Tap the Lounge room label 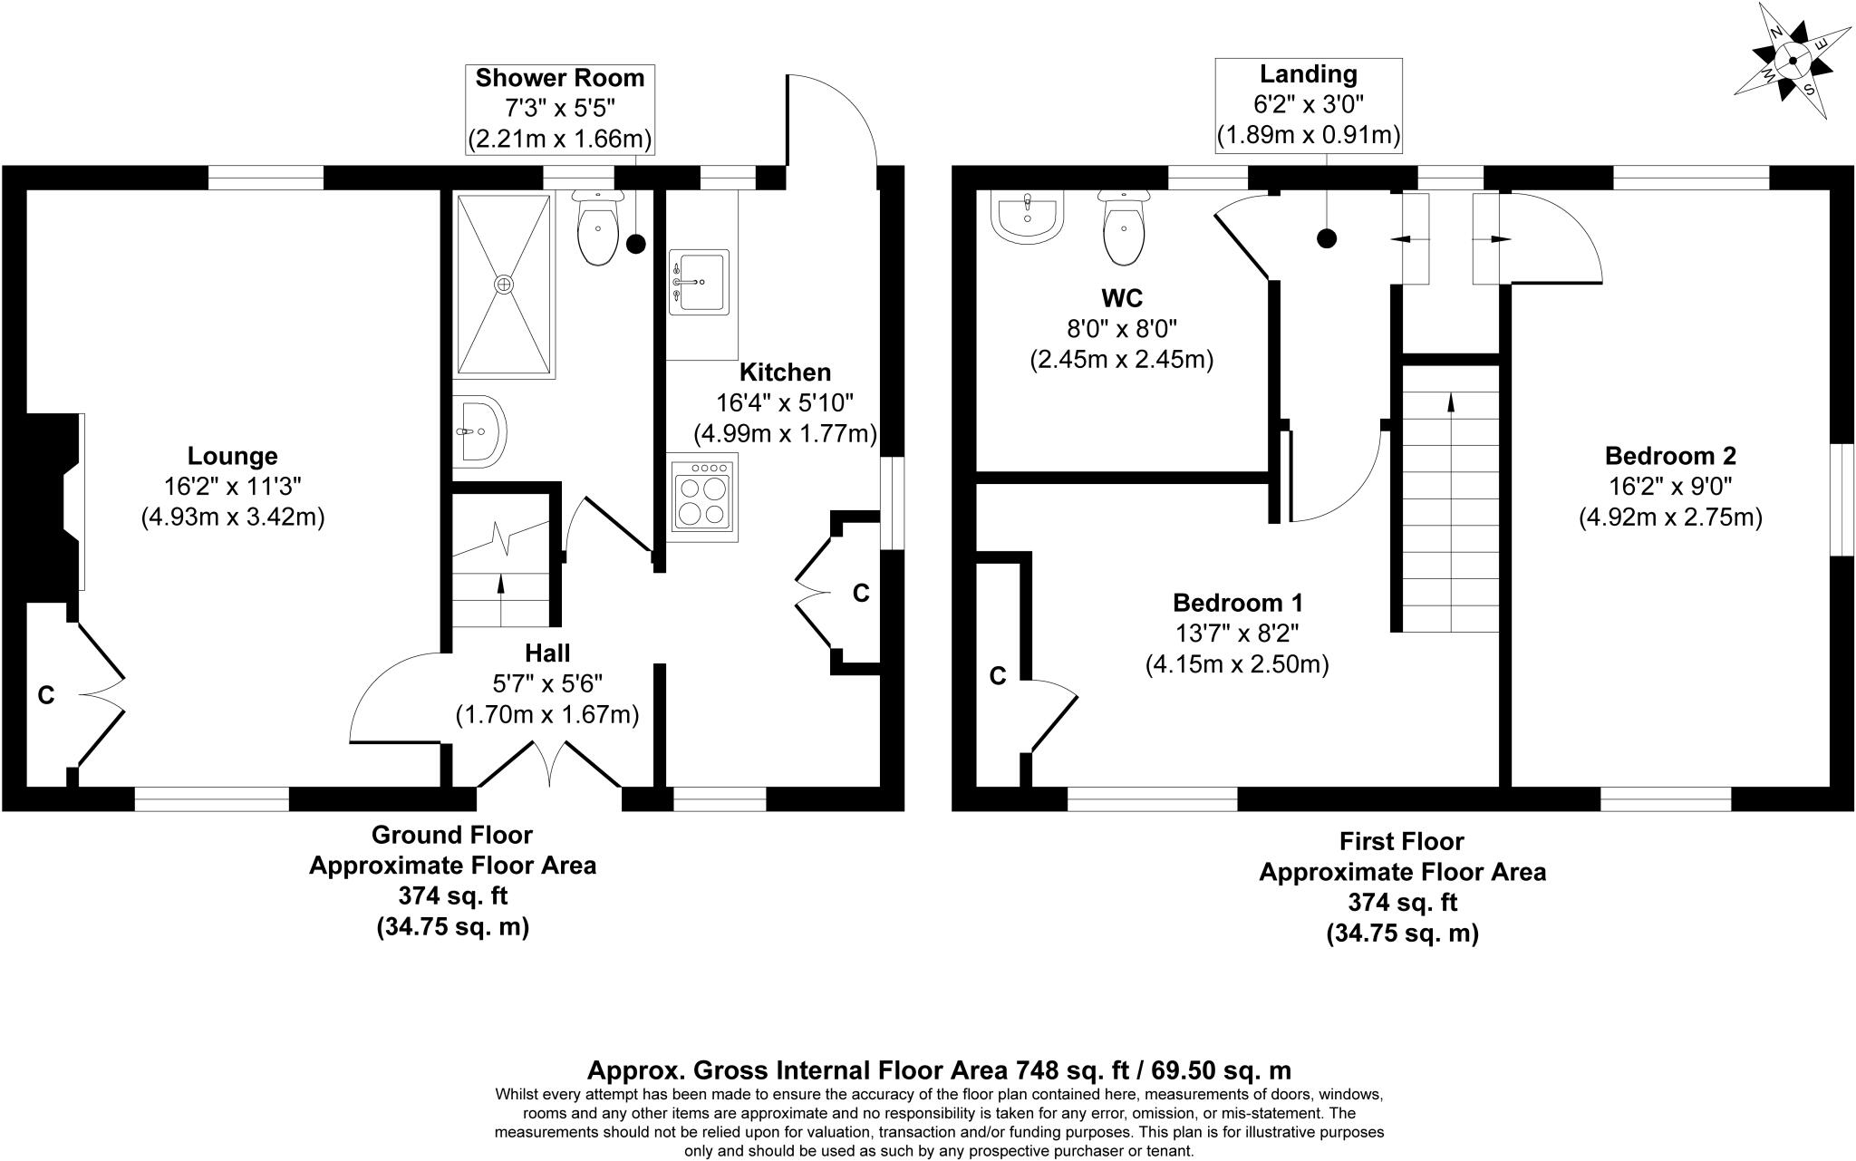232,456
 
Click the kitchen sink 698,282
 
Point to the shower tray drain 504,284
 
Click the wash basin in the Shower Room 478,431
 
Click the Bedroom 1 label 1238,603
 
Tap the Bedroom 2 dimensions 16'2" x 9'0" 1670,487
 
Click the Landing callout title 1308,73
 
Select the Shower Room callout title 560,78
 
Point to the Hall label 547,653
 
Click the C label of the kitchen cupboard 861,594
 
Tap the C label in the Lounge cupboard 45,695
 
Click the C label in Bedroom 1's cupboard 998,676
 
